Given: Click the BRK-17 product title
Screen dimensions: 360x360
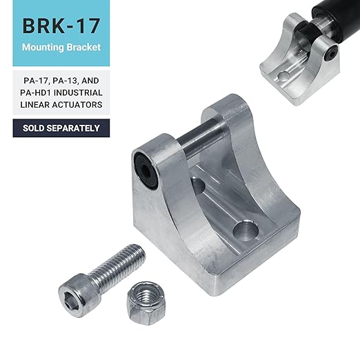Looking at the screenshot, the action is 61,26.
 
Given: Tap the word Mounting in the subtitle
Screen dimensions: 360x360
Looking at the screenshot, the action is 43,48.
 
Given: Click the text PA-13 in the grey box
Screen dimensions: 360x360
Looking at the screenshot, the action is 64,81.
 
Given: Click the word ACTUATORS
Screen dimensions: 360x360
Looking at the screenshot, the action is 77,105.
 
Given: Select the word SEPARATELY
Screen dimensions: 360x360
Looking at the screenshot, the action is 73,128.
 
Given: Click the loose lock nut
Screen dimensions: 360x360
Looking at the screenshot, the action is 146,303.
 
